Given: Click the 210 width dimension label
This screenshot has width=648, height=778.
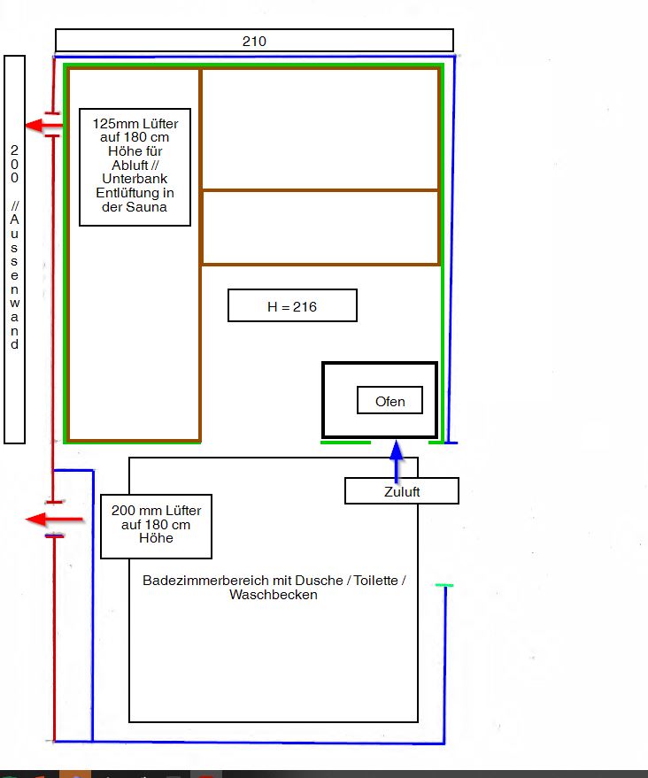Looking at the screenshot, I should coord(254,41).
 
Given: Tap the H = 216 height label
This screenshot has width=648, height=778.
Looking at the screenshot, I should coord(292,306).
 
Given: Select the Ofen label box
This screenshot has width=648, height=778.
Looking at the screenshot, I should coord(390,401).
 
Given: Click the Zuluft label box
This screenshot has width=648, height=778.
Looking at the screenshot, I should coord(401,491).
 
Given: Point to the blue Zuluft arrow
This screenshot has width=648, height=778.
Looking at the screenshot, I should coord(397,455).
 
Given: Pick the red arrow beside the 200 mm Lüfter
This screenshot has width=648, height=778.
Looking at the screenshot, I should coord(54,520).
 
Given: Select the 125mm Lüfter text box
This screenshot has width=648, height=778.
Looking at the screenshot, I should coord(135,166).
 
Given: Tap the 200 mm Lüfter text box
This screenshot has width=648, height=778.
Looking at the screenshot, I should coord(156,526).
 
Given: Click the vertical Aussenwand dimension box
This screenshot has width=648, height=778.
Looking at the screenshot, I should coord(14,249).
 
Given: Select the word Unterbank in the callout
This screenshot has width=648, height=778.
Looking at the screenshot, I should coord(135,179).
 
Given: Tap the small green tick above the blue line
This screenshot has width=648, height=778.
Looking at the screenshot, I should coord(444,586).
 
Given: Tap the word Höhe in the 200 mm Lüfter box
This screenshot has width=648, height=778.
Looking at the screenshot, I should coord(156,539).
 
